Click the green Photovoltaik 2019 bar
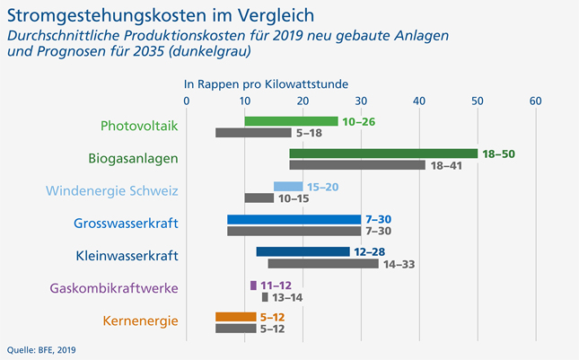coord(291,121)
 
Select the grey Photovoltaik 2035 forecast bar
coord(253,133)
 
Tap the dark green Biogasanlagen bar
coord(383,154)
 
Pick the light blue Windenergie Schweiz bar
coord(288,187)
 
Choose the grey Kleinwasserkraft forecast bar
coord(323,264)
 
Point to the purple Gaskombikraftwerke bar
coord(253,285)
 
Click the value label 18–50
coord(499,154)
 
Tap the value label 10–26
coord(359,121)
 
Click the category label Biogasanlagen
coord(133,158)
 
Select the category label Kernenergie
coord(140,320)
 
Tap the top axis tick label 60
coord(536,101)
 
